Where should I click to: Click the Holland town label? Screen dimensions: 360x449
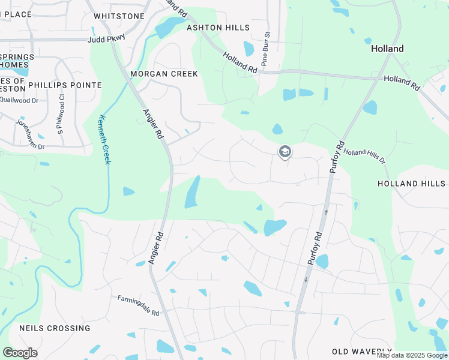point(387,49)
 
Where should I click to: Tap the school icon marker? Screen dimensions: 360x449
point(285,152)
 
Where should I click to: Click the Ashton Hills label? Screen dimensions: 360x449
point(218,28)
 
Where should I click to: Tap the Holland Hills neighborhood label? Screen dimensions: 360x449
point(413,183)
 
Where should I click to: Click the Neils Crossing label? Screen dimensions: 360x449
point(55,328)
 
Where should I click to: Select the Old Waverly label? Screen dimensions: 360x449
point(362,351)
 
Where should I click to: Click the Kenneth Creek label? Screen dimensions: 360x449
point(106,140)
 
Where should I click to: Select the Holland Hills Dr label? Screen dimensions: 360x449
point(364,157)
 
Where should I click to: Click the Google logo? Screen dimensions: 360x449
point(20,353)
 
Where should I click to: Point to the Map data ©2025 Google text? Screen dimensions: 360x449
point(412,355)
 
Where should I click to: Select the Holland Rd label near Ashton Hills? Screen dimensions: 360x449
point(240,62)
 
